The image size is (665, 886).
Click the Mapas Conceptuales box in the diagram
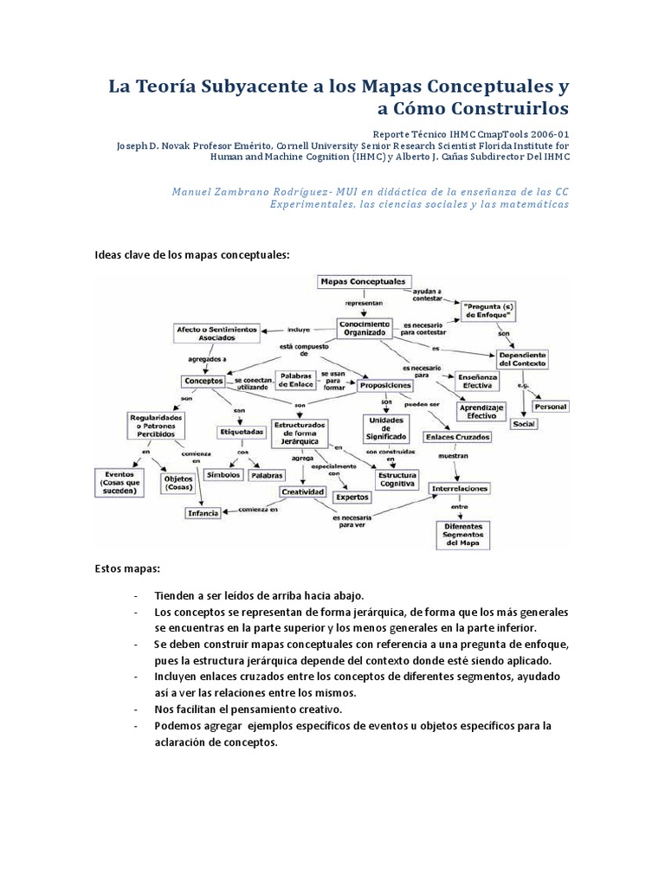[x=362, y=281]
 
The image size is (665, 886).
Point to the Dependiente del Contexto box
[x=526, y=359]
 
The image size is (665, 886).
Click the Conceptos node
[x=203, y=381]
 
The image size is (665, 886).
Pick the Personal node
[x=550, y=406]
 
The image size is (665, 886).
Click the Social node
[x=523, y=424]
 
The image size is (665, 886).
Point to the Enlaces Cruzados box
[x=458, y=436]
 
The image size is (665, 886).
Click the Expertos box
[x=352, y=498]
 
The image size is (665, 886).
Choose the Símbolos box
[x=223, y=475]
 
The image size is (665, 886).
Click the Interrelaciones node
[x=460, y=488]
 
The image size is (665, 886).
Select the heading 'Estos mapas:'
[x=121, y=568]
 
